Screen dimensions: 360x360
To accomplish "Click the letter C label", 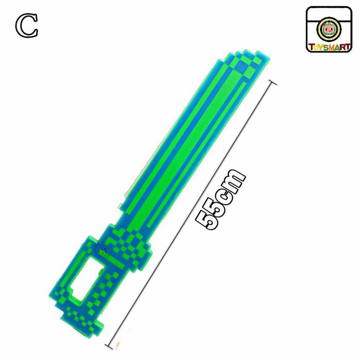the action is tap(27, 26).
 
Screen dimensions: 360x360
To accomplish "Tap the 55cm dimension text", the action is tap(221, 200).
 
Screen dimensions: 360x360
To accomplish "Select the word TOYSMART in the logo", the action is tap(329, 47).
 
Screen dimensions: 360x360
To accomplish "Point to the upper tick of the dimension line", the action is tap(272, 83).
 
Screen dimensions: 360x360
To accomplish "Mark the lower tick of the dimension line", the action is tap(110, 347).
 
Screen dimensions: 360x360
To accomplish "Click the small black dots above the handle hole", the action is tap(104, 251).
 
